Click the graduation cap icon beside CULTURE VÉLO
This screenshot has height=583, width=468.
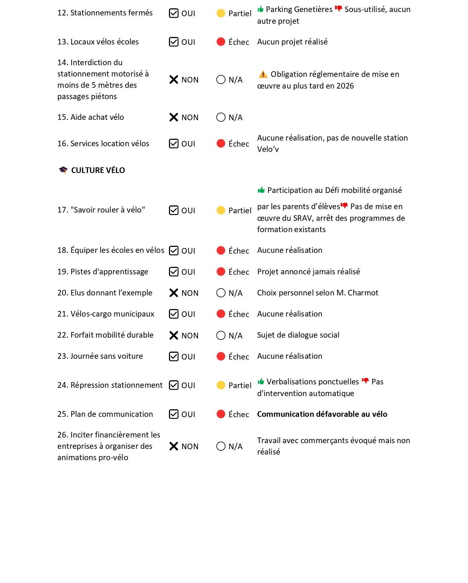[x=63, y=170]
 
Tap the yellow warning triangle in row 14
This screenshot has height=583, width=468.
[x=263, y=74]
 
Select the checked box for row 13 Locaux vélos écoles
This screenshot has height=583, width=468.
[x=173, y=42]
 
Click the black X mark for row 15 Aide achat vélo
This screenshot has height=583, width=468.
[x=173, y=117]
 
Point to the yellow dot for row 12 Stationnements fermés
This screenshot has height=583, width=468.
[x=221, y=13]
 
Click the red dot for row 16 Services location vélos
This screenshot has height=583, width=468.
[x=221, y=144]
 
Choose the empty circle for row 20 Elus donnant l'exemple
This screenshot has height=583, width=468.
[x=221, y=293]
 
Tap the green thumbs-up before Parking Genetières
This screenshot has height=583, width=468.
[x=261, y=9]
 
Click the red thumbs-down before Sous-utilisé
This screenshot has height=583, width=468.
[x=338, y=9]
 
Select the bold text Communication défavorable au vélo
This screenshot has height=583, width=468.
[x=322, y=414]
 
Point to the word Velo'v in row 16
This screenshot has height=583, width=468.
[x=268, y=149]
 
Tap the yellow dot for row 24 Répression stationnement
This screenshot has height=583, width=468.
[x=221, y=385]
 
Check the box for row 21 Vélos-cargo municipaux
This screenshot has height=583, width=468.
[x=173, y=314]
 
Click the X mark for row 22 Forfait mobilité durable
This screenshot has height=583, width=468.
[x=173, y=335]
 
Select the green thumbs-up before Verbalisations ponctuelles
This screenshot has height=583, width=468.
[x=261, y=382]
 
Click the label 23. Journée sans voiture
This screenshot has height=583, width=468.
[x=100, y=356]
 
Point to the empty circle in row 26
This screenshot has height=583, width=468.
[x=221, y=446]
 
